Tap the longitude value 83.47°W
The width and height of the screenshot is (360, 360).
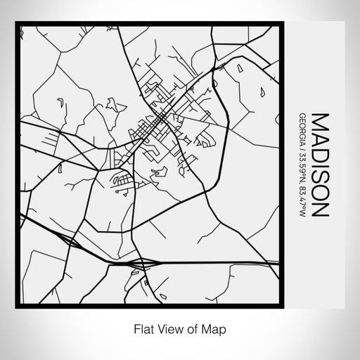[302, 197]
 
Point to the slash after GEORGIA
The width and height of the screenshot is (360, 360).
[302, 145]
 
